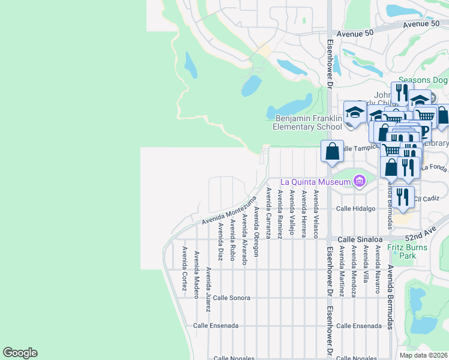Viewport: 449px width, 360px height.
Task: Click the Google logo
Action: pyautogui.click(x=20, y=353)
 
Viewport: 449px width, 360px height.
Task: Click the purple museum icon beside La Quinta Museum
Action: pyautogui.click(x=359, y=181)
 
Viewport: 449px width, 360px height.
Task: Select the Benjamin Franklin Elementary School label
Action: pyautogui.click(x=308, y=123)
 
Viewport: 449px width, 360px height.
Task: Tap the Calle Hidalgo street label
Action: pyautogui.click(x=355, y=208)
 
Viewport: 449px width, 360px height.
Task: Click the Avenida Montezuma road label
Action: pyautogui.click(x=224, y=214)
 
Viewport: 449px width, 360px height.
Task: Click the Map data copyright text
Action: pyautogui.click(x=423, y=355)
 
